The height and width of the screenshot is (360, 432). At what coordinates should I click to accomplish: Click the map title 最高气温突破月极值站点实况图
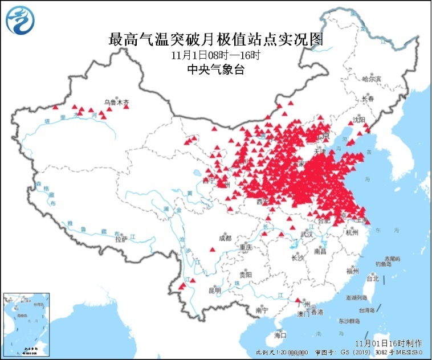coord(216,39)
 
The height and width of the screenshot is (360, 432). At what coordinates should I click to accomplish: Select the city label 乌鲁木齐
coord(116,103)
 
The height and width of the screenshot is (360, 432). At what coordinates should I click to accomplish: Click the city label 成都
coord(224,238)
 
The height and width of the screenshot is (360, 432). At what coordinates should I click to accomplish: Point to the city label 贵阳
coord(245,274)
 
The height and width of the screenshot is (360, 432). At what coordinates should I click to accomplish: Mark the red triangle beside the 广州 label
coord(297,300)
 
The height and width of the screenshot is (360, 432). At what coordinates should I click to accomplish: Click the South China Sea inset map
coord(26,324)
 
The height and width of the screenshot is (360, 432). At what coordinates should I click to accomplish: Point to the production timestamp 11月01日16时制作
coord(388,343)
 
